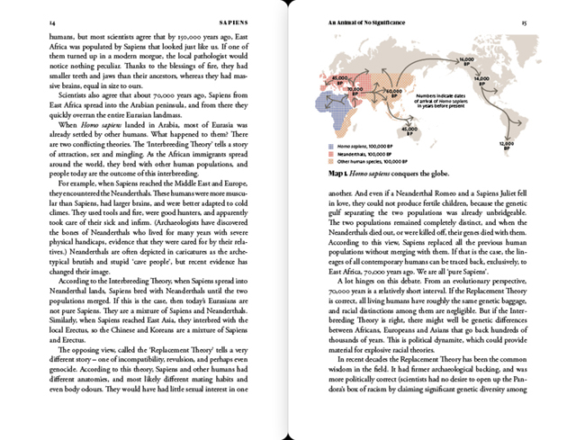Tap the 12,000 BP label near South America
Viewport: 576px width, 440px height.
pos(506,144)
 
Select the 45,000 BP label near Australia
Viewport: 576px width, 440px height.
pos(409,130)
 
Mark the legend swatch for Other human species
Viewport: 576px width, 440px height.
pos(332,161)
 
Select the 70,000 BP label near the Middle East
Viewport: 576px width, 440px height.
pos(355,90)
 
